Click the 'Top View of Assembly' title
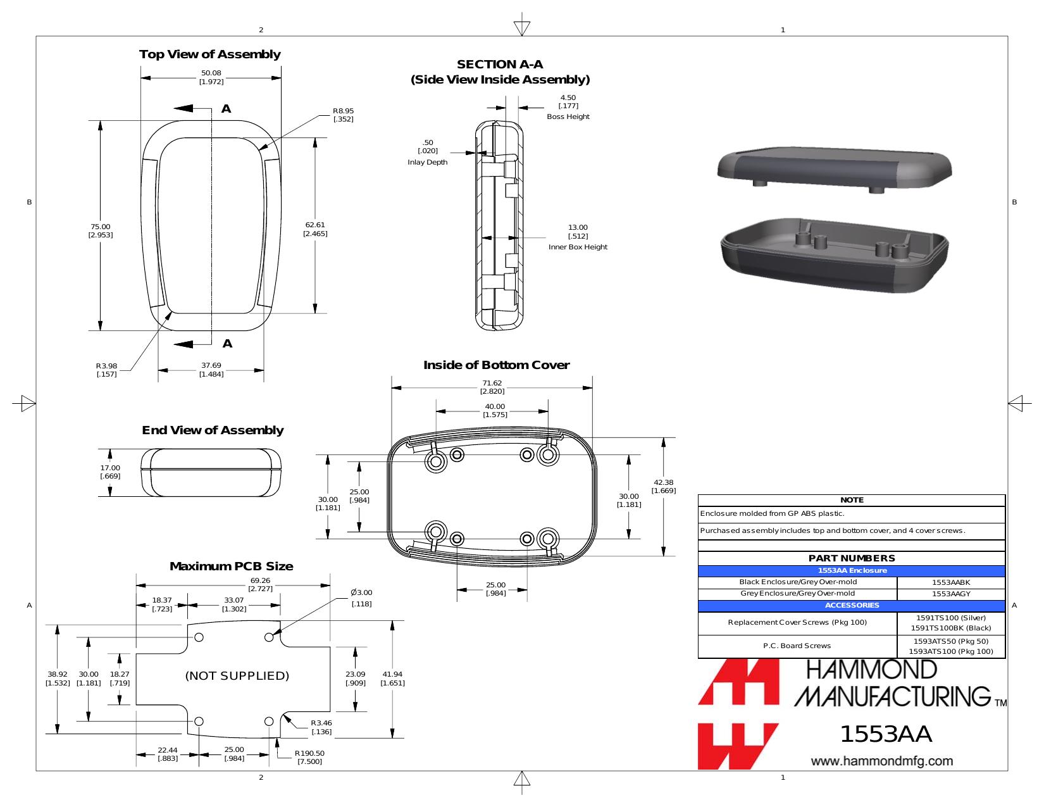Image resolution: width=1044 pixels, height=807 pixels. click(x=210, y=54)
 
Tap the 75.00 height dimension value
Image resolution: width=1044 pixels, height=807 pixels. click(x=101, y=227)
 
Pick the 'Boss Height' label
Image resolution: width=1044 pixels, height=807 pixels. click(x=568, y=117)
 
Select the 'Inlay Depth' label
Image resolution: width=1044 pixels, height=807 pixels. click(x=427, y=163)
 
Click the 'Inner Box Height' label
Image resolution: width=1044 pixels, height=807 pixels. click(x=578, y=247)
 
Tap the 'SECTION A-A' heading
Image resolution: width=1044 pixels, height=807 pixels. click(x=500, y=65)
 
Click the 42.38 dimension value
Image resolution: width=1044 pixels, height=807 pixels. click(x=664, y=482)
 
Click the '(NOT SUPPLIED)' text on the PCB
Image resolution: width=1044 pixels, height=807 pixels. click(x=237, y=676)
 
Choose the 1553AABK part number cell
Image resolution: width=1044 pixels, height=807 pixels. click(x=951, y=582)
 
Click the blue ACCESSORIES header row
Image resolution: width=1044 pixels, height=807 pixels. click(x=852, y=606)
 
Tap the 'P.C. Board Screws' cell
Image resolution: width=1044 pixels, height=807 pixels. click(x=797, y=646)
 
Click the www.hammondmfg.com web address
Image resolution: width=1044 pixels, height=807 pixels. click(x=882, y=761)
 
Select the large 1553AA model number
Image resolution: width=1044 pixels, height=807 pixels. click(x=886, y=734)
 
